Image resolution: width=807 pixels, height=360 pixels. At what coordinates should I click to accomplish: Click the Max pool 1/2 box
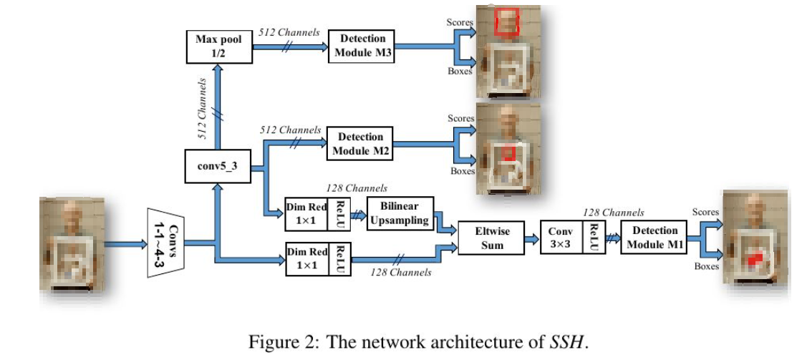218,46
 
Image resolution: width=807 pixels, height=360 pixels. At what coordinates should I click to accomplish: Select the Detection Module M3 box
362,46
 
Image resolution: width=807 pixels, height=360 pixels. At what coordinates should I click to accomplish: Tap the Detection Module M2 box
361,143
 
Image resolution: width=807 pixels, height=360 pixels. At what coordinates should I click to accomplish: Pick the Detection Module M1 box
654,236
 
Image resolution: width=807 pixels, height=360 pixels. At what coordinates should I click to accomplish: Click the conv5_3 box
218,165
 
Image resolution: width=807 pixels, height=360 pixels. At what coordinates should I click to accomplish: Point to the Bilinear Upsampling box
400,213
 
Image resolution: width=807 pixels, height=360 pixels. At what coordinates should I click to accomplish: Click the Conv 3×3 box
561,238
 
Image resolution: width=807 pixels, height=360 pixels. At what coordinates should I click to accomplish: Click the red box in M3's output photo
507,20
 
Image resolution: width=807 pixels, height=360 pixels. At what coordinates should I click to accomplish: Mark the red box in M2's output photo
508,153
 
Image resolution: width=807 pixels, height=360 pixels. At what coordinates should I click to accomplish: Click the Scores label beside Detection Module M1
705,212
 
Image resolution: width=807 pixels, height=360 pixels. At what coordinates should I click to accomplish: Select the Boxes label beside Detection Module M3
460,72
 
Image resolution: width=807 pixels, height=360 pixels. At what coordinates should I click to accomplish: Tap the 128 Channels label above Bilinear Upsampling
357,188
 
